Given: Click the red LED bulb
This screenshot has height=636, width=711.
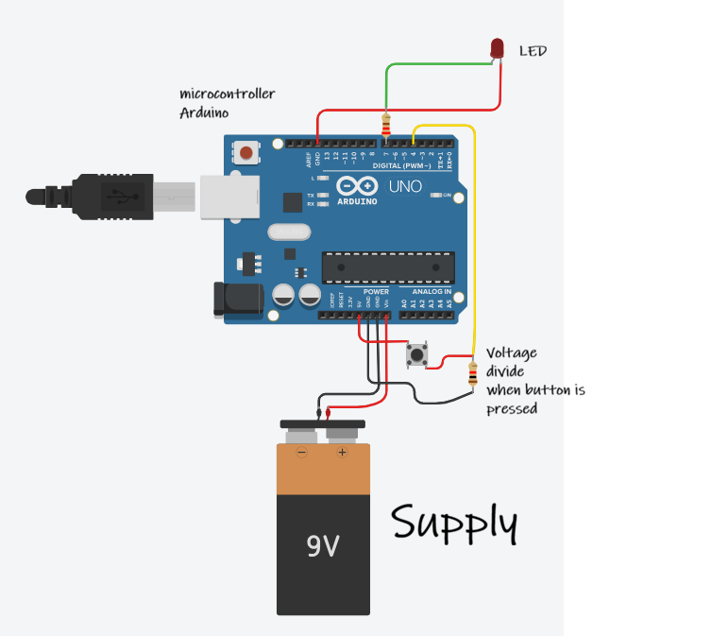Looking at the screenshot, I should pyautogui.click(x=498, y=48).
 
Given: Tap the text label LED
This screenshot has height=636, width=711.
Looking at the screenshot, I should pyautogui.click(x=533, y=51).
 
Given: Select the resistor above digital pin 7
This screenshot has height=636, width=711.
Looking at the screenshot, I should pyautogui.click(x=384, y=125).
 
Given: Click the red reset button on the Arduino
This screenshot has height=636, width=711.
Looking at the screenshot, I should pyautogui.click(x=247, y=151).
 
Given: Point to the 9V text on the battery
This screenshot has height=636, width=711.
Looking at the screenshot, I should pyautogui.click(x=323, y=545).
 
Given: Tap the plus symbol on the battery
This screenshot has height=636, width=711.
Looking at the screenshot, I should pyautogui.click(x=342, y=453).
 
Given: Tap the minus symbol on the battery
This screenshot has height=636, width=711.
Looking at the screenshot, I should pyautogui.click(x=302, y=453).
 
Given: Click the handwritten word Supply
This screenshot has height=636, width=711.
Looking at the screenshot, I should pyautogui.click(x=454, y=523).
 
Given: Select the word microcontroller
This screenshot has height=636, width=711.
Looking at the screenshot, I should pyautogui.click(x=228, y=94).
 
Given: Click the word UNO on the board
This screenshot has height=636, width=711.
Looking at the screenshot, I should pyautogui.click(x=405, y=186).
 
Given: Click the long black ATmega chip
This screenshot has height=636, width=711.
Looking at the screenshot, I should pyautogui.click(x=388, y=267).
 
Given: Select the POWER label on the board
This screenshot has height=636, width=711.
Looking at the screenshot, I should pyautogui.click(x=376, y=292).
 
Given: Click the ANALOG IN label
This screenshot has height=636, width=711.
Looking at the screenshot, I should pyautogui.click(x=431, y=292).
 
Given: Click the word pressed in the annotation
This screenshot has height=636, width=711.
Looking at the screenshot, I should pyautogui.click(x=511, y=409).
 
